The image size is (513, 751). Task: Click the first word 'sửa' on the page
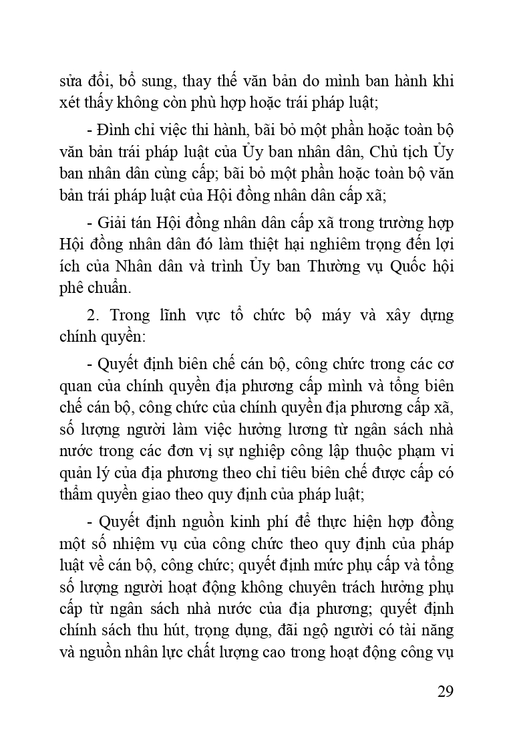[x=71, y=82]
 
